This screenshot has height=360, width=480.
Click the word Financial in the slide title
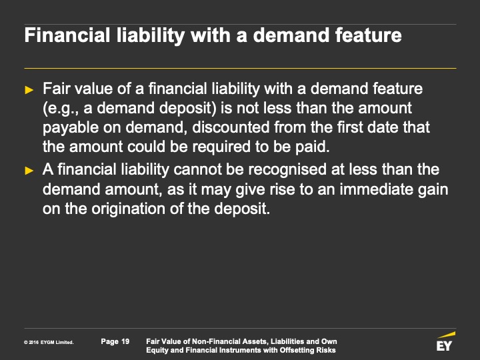[67, 35]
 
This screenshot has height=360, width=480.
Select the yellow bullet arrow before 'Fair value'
[29, 90]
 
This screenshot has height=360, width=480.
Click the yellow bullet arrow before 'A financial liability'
[29, 171]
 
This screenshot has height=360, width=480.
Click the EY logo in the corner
[445, 341]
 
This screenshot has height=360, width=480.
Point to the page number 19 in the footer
[125, 341]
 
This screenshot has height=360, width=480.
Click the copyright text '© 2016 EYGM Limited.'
[49, 343]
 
